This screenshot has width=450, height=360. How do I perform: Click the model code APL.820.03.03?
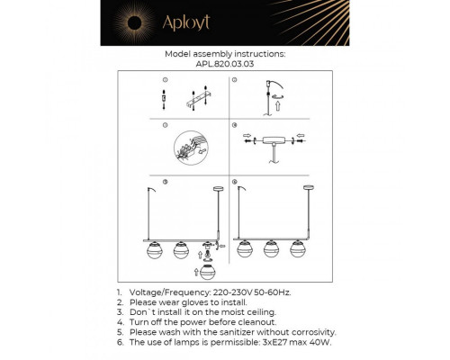[x=225, y=64]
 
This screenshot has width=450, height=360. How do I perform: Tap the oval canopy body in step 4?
[x=274, y=142]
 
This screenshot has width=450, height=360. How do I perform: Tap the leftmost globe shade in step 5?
[x=154, y=249]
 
